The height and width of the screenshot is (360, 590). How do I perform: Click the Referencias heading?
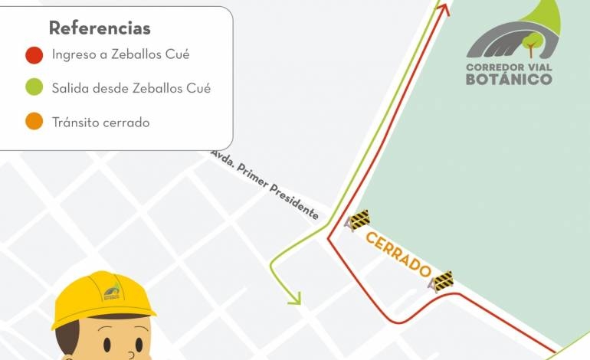100,28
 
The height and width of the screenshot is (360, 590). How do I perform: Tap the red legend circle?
34,55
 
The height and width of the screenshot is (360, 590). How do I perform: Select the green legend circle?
34,88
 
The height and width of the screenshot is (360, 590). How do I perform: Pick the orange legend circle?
34,122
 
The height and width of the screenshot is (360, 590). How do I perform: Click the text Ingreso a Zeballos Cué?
120,54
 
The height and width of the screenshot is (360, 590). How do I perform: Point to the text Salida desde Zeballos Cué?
131,88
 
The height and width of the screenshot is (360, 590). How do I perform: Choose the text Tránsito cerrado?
100,122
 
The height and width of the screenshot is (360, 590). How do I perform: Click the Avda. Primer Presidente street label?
264,185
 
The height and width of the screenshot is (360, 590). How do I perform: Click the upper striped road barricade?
358,221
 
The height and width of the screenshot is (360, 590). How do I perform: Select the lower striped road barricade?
441,281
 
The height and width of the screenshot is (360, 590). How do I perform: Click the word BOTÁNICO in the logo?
509,78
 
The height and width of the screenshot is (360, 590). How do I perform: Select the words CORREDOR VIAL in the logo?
509,66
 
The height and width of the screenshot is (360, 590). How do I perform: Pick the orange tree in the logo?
530,44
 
